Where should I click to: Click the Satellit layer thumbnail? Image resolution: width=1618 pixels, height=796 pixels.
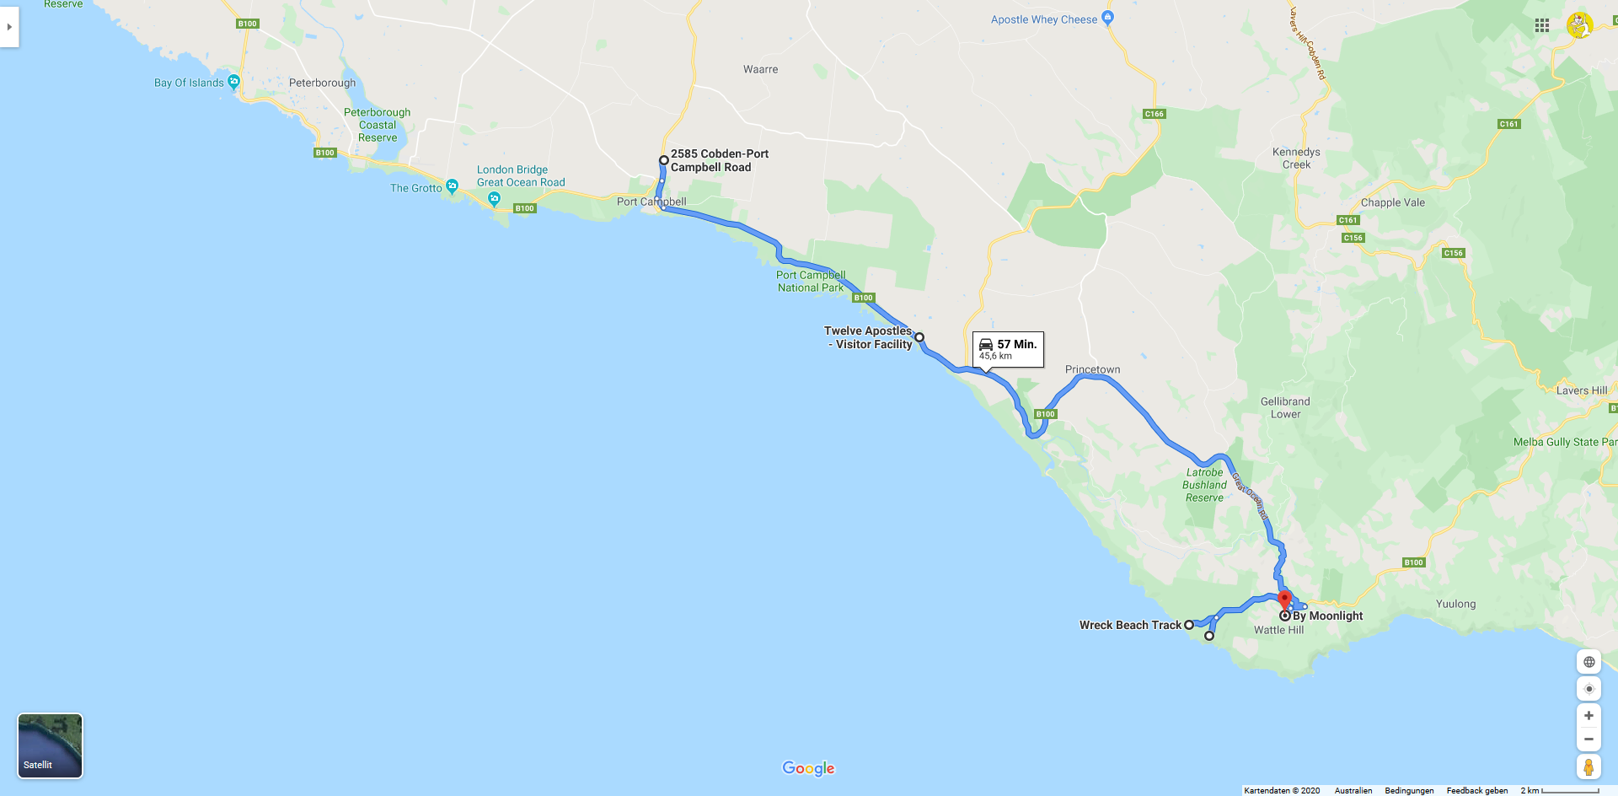click(x=50, y=745)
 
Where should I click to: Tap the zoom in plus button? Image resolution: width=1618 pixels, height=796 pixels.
click(x=1589, y=716)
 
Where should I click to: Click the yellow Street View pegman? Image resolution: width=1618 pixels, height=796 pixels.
click(x=1589, y=766)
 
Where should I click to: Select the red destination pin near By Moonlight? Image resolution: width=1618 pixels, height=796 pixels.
click(x=1285, y=600)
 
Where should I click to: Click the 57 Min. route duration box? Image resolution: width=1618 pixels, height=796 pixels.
click(x=1008, y=349)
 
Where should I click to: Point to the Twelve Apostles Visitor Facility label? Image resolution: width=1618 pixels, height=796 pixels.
click(x=869, y=337)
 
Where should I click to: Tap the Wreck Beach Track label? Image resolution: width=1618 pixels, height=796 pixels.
click(x=1130, y=625)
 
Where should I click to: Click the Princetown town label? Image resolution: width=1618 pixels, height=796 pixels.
click(x=1092, y=369)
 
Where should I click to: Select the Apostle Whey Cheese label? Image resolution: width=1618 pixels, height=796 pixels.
click(x=1044, y=19)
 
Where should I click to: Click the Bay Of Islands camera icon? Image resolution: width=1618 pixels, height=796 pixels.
click(x=234, y=81)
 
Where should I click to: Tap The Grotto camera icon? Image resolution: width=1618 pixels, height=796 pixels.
click(x=453, y=186)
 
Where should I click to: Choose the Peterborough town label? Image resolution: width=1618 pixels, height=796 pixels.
click(x=322, y=83)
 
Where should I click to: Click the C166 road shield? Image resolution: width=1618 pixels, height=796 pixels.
click(x=1154, y=114)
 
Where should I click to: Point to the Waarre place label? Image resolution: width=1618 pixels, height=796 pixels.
click(x=760, y=69)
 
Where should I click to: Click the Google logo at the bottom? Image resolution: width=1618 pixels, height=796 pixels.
click(x=808, y=768)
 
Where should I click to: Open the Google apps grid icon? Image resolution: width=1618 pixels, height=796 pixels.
click(x=1542, y=25)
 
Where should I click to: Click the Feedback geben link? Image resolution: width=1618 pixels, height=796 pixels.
click(x=1476, y=790)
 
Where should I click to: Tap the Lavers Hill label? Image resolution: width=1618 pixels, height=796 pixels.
click(x=1581, y=390)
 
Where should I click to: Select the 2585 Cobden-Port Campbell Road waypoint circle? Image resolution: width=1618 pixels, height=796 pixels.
click(x=664, y=160)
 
